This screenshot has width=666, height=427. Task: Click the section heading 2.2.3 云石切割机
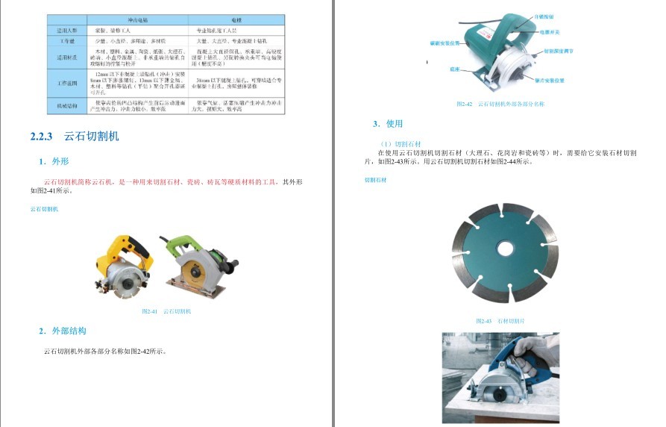tap(75, 137)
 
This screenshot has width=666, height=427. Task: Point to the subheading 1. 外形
tap(54, 161)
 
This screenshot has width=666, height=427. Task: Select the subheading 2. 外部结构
tap(63, 331)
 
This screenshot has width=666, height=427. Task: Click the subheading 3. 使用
tap(388, 124)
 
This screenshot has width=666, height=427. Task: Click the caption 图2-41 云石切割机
tap(166, 311)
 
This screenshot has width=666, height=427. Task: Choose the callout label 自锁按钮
tap(546, 16)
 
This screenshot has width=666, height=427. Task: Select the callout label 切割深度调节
tap(556, 52)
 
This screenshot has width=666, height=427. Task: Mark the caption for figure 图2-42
tap(500, 105)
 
